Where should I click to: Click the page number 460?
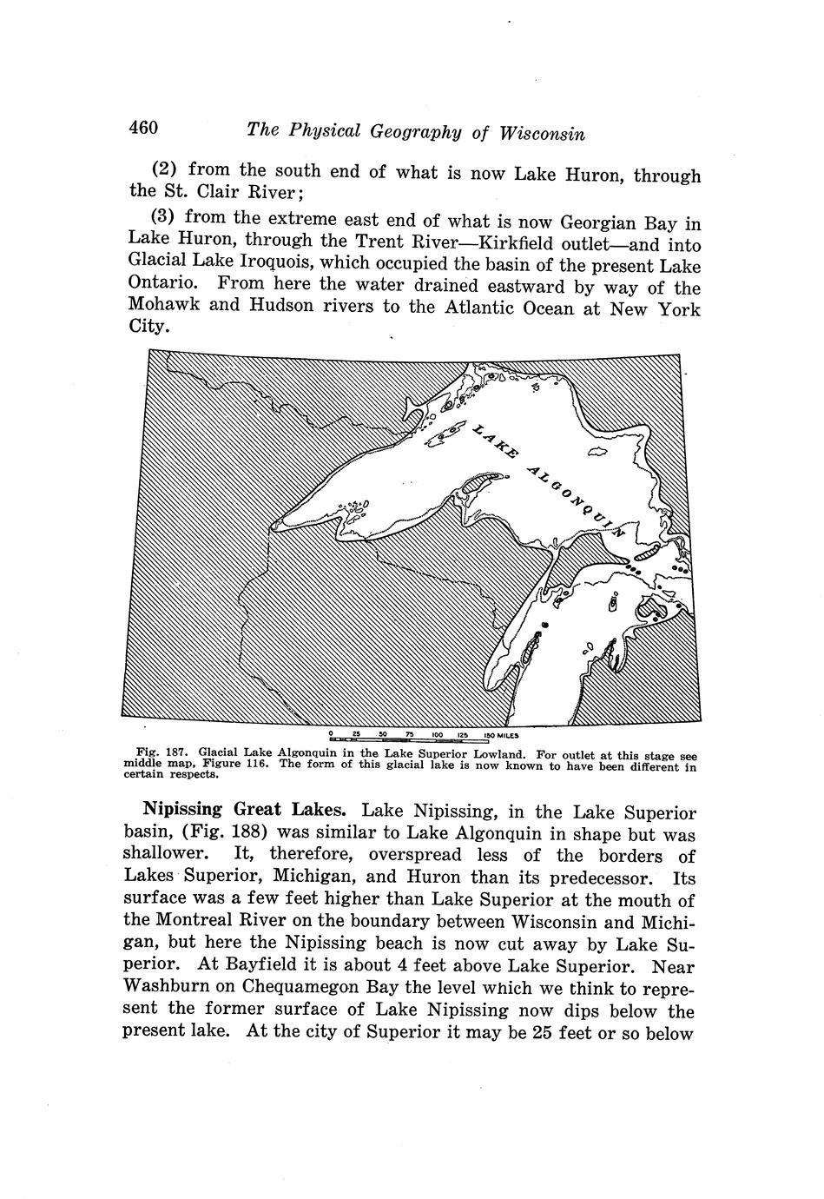pos(143,129)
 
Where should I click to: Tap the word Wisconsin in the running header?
pos(542,134)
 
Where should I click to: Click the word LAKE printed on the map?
pos(495,441)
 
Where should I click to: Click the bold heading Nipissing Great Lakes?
pos(245,810)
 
